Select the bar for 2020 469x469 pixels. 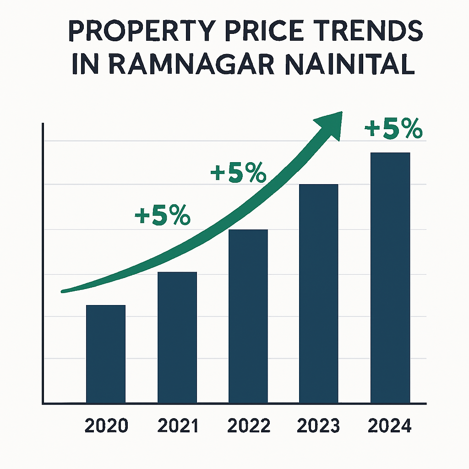(106, 354)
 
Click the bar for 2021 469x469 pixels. (177, 338)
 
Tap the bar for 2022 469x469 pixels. (248, 316)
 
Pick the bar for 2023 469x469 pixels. (318, 294)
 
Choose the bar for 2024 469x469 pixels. (390, 278)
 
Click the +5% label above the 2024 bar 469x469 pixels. (393, 130)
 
